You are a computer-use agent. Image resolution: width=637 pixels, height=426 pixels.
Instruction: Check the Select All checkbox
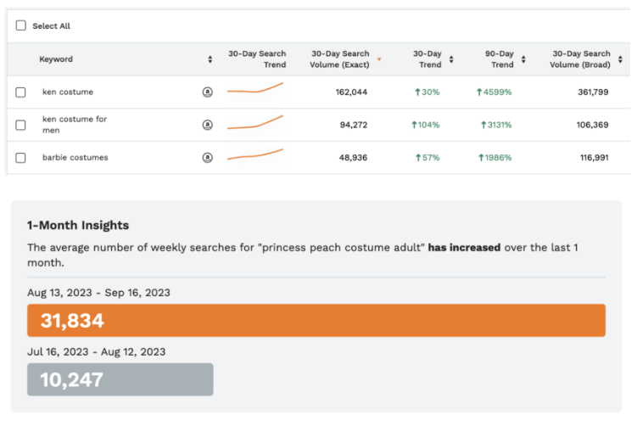click(21, 25)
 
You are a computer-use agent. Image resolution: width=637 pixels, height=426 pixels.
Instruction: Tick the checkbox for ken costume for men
click(21, 125)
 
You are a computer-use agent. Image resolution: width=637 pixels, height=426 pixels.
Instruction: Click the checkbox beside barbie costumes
click(21, 157)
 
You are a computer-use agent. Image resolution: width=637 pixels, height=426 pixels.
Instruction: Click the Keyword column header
click(56, 59)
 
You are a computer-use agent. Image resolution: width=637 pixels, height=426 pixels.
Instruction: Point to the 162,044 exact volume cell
click(351, 92)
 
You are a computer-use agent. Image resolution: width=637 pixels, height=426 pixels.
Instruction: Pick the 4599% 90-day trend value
click(495, 92)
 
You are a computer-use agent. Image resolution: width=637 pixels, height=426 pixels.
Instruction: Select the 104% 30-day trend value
click(426, 125)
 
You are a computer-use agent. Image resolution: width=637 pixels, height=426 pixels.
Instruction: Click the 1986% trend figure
click(495, 157)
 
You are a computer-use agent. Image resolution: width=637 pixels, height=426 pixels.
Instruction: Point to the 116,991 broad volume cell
click(594, 157)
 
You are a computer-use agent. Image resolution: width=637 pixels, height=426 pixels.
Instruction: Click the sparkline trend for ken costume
click(255, 88)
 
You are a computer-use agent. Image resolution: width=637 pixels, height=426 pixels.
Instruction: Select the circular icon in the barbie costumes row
click(208, 157)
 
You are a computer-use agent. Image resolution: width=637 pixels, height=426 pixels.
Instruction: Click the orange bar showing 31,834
click(316, 321)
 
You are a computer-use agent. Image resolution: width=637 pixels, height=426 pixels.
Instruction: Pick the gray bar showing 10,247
click(120, 379)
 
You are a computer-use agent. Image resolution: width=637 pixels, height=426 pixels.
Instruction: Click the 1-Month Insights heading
click(78, 225)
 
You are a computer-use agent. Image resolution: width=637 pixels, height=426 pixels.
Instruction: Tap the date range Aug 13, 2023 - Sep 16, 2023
click(98, 293)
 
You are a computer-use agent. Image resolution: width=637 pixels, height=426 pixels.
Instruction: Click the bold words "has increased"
click(464, 248)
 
